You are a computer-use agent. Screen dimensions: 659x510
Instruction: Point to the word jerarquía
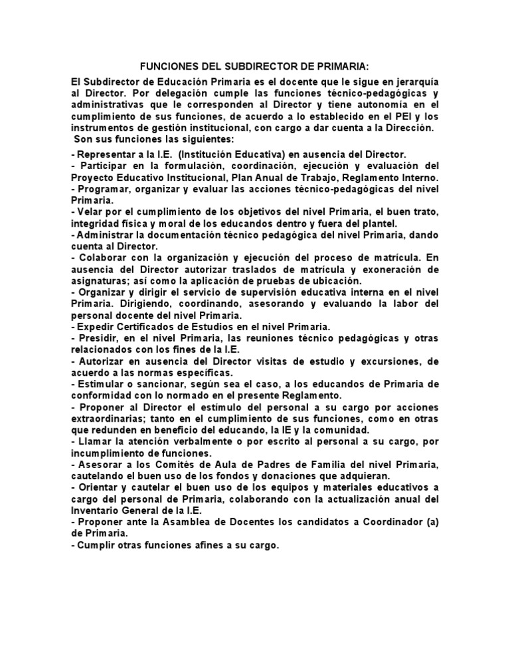pyautogui.click(x=415, y=81)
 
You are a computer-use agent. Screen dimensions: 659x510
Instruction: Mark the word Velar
pyautogui.click(x=91, y=211)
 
